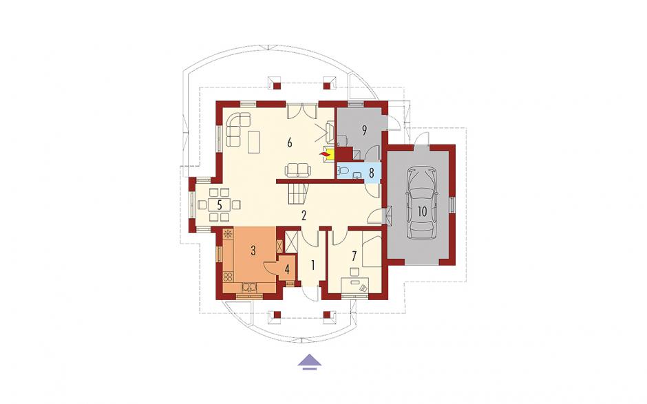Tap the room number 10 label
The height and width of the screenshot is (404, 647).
(x=422, y=212)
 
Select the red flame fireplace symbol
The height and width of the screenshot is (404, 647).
(x=326, y=154)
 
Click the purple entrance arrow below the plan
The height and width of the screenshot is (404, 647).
(x=310, y=361)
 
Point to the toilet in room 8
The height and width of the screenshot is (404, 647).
(x=341, y=171)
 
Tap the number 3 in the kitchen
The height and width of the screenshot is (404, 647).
(x=253, y=250)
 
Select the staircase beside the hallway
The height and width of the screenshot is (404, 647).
(x=297, y=194)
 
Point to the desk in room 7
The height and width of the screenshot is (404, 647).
(x=355, y=286)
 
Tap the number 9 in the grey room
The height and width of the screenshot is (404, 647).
(x=364, y=130)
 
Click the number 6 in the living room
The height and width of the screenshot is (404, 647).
(x=289, y=142)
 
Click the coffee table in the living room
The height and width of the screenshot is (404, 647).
(x=253, y=142)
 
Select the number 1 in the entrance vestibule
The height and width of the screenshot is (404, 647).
(x=312, y=265)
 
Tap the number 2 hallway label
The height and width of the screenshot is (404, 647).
(x=304, y=215)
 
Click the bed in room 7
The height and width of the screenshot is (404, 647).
(x=372, y=250)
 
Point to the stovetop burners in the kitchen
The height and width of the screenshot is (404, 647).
(x=228, y=277)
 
